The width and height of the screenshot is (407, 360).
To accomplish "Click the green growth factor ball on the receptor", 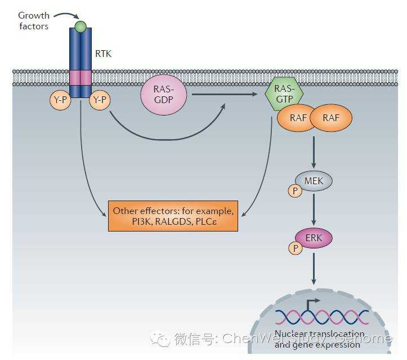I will pos(80,26).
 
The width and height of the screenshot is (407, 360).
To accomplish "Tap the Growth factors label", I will pos(33,21).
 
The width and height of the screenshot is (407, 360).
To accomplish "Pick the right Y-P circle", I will pos(101,100).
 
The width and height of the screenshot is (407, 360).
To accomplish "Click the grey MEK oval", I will pos(314,181).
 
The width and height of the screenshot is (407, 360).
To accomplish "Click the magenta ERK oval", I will pos(314,238).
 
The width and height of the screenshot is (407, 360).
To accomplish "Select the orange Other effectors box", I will pos(173,216).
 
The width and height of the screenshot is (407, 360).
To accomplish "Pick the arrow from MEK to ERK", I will pos(314,210).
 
